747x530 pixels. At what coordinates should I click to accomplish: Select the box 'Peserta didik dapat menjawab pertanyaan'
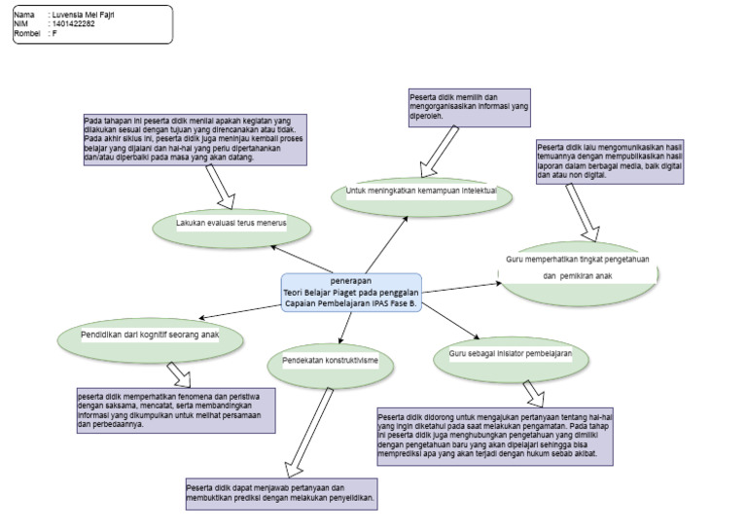coord(280,493)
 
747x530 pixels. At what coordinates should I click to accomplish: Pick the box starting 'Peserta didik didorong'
coord(495,436)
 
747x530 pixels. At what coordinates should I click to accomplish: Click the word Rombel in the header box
coord(27,33)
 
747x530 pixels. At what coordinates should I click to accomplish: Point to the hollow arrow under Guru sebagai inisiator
coord(534,392)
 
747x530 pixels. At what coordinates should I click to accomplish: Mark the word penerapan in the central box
coord(350,280)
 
